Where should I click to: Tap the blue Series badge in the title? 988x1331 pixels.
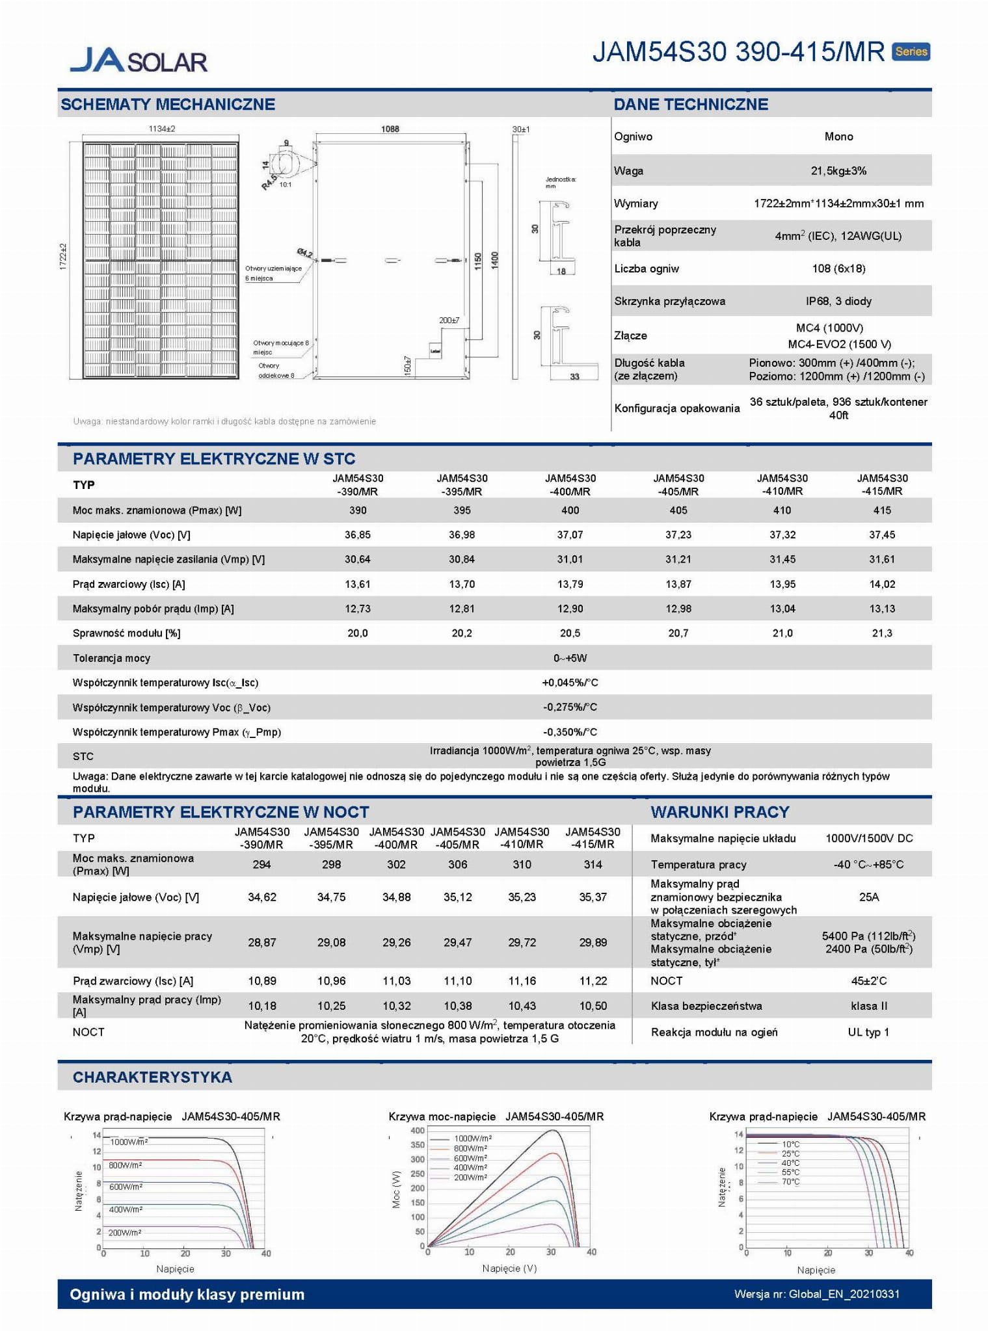click(x=911, y=51)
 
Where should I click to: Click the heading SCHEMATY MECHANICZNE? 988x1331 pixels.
click(x=168, y=104)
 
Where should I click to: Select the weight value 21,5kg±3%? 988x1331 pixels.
click(x=838, y=171)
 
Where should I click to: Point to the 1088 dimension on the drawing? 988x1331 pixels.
click(x=390, y=129)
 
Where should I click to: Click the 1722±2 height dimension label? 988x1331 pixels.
click(x=64, y=257)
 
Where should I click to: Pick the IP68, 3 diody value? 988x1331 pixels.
click(x=838, y=301)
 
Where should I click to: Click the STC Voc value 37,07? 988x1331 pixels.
click(x=570, y=534)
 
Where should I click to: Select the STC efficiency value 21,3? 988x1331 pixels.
click(x=882, y=633)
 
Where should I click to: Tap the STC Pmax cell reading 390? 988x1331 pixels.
click(x=358, y=510)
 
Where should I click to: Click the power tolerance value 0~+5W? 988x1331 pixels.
click(x=570, y=658)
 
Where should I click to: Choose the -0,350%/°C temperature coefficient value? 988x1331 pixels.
click(x=570, y=732)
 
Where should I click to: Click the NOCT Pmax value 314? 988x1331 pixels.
click(x=593, y=864)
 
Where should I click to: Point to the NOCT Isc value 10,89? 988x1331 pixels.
click(x=262, y=981)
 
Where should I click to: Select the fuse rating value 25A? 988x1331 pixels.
click(x=869, y=897)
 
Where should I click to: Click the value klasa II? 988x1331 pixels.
click(x=869, y=1006)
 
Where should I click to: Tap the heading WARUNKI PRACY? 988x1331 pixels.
click(x=720, y=811)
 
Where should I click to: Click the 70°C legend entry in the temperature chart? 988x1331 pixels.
click(x=790, y=1181)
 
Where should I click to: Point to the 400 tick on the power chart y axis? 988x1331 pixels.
click(x=417, y=1130)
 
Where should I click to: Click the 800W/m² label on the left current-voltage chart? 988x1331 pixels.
click(x=125, y=1165)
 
